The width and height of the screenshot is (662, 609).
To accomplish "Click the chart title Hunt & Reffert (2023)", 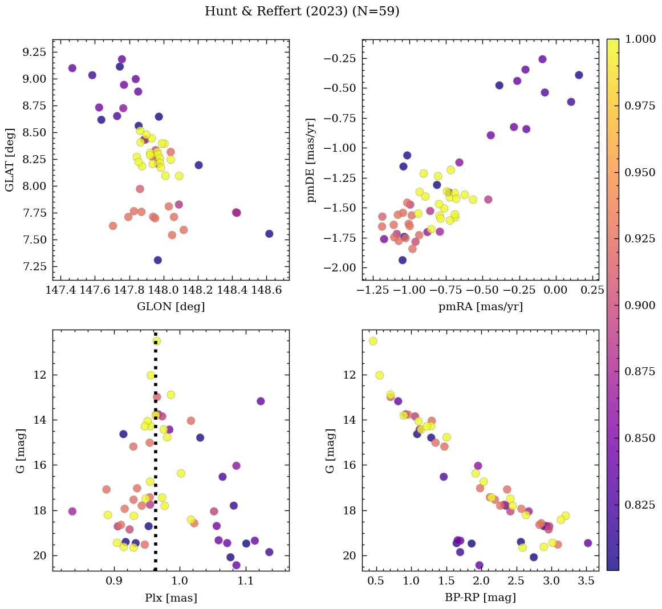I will click(x=302, y=11).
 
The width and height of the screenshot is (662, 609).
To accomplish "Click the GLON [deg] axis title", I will click(x=170, y=307).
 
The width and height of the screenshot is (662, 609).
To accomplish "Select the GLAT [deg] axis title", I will click(x=10, y=160).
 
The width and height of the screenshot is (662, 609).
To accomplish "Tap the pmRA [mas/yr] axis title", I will click(x=480, y=307).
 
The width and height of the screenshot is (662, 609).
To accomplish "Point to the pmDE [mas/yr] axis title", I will click(x=311, y=160).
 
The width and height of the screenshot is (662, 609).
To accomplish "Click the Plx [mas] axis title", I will click(x=170, y=598).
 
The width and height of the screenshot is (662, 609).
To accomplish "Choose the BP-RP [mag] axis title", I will click(x=480, y=598).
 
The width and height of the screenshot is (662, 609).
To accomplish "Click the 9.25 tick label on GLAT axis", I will click(x=34, y=52).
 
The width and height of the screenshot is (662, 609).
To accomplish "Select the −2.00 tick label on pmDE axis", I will click(x=340, y=268).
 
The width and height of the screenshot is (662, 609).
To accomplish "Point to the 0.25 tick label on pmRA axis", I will click(x=592, y=290).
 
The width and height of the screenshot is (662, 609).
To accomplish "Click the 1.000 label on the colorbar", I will click(x=640, y=39).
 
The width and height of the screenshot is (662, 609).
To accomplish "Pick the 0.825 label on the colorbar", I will click(x=640, y=505).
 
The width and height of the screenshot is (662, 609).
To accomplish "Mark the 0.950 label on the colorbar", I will click(x=640, y=172).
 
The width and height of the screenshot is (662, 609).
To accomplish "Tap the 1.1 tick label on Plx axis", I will click(x=245, y=581).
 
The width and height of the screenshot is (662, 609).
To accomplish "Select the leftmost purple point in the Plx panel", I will click(x=72, y=511).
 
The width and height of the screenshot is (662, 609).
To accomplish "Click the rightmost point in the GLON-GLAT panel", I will click(x=269, y=234).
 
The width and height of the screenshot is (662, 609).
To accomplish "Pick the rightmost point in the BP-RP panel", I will click(x=588, y=543).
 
